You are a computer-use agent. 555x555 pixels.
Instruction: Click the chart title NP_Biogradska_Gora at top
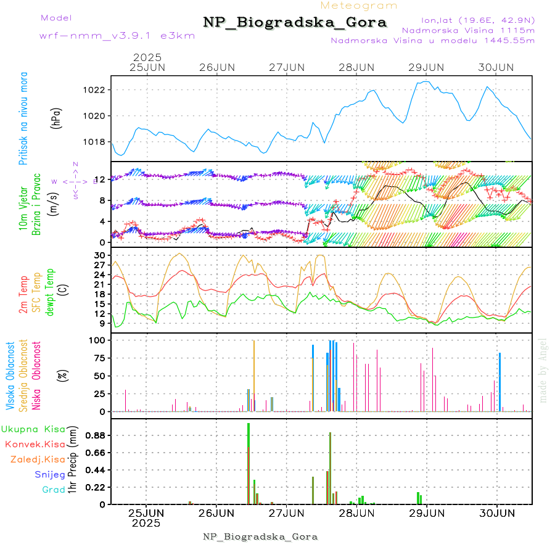tap(295, 23)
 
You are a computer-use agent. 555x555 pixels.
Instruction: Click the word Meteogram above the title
tap(360, 6)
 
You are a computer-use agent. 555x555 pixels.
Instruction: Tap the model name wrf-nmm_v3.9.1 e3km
tap(117, 36)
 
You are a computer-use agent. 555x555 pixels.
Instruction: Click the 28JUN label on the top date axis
tap(356, 67)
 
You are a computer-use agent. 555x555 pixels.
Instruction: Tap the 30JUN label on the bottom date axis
tap(496, 513)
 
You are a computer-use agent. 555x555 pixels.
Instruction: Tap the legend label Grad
tap(54, 490)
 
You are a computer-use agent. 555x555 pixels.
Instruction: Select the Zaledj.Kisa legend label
tap(38, 459)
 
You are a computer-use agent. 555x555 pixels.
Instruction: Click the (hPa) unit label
tap(57, 118)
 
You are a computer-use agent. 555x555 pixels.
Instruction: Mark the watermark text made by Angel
tap(543, 370)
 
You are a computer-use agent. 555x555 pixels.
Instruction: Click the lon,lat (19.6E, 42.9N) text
tap(479, 20)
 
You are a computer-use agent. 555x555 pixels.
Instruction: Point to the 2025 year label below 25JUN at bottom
tap(146, 524)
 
